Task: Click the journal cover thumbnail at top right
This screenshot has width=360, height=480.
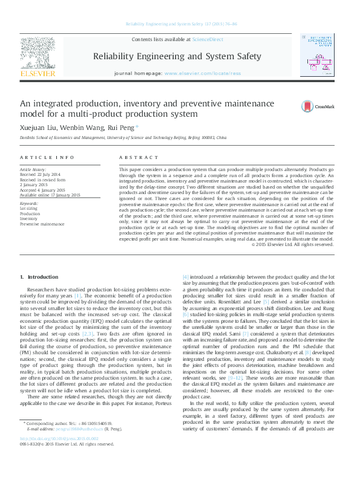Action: [318, 55]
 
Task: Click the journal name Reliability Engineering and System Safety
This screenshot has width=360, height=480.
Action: [177, 56]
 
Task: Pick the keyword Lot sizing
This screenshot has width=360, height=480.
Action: [28, 209]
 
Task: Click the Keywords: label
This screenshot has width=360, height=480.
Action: [29, 204]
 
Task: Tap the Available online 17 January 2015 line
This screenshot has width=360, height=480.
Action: [50, 195]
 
